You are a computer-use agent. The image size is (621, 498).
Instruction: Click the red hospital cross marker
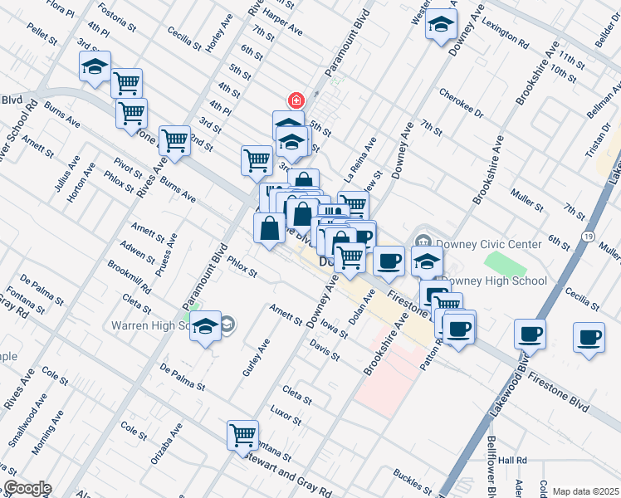pos(295,100)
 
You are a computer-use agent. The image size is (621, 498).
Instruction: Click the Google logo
pos(27,488)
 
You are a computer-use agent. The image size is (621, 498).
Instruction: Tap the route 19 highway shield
pos(587,237)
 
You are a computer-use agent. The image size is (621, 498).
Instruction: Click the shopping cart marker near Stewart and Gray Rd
pos(242,435)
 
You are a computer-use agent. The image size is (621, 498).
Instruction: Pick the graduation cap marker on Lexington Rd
pos(441,24)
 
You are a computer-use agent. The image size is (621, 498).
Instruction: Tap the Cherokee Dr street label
pos(462,100)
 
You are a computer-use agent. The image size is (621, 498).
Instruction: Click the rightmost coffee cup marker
pos(589,338)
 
